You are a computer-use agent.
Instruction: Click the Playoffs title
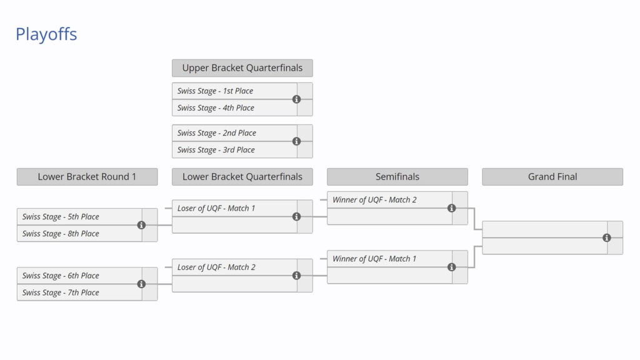[x=46, y=34]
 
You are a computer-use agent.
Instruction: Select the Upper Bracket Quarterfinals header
[x=242, y=68]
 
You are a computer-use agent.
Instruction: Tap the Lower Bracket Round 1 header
[x=87, y=177]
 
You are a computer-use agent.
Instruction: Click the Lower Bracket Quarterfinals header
[x=242, y=177]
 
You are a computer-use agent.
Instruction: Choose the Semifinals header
[x=397, y=177]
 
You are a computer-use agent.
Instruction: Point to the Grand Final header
[x=552, y=177]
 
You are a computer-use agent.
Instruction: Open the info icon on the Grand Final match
[x=606, y=237]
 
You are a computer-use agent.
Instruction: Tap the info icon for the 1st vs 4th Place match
[x=296, y=99]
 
